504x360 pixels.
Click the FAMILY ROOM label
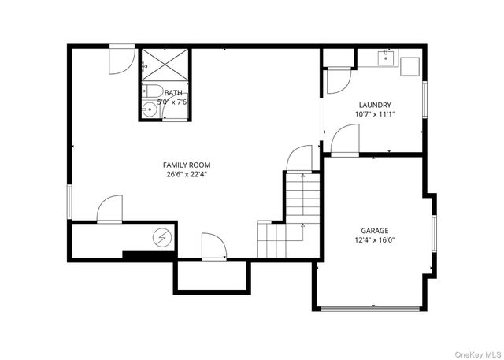coord(187,165)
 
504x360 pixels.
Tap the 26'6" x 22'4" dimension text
coord(187,175)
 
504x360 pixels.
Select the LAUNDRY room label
coord(375,105)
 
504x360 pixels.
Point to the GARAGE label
coord(375,231)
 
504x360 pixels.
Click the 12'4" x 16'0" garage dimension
coord(375,239)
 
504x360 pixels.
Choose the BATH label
coord(173,93)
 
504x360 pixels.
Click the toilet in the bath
coord(153,91)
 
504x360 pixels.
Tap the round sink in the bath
coord(150,109)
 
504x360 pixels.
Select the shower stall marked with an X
coord(165,65)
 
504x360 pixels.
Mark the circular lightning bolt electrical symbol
coord(162,238)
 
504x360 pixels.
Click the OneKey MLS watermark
coord(478,354)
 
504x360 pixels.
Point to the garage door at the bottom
coord(370,310)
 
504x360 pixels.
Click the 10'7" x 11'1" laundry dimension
coord(375,114)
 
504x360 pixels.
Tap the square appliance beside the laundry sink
coord(409,66)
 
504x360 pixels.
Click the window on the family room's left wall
coord(69,202)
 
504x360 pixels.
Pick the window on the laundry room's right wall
coord(424,99)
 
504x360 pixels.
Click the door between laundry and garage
coord(345,141)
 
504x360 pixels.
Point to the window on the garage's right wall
coord(434,233)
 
